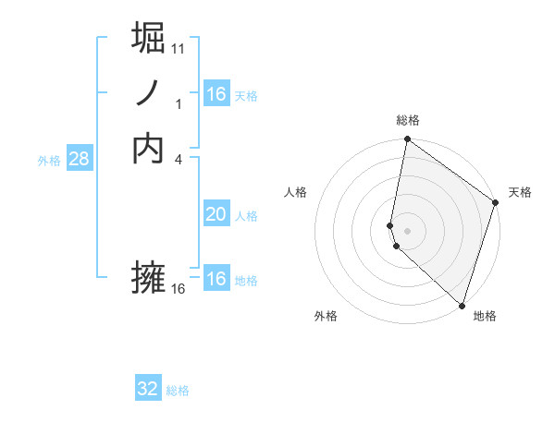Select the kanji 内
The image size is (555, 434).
point(149,148)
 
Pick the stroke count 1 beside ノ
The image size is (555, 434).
point(179,104)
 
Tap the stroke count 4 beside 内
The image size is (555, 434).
point(179,159)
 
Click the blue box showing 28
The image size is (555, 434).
point(79,159)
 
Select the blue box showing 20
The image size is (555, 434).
point(216,214)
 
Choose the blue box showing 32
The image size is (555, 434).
point(148,389)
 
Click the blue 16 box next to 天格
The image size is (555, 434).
point(216,94)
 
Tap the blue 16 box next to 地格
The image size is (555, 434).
point(216,279)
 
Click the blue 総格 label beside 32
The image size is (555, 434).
point(178,391)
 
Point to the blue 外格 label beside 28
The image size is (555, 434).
point(49,161)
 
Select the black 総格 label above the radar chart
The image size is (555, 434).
point(408,120)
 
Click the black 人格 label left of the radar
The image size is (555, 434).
point(296,192)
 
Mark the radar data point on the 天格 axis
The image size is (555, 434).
point(496,202)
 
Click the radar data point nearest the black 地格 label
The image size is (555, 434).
point(462,306)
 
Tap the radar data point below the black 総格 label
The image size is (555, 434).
point(407,140)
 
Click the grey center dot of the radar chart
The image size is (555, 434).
point(408,230)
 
